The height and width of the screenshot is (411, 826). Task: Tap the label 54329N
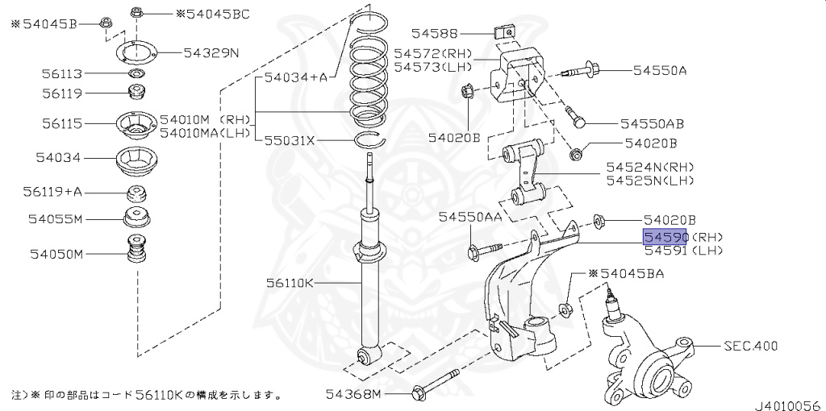click(211, 53)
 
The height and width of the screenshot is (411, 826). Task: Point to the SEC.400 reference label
click(750, 347)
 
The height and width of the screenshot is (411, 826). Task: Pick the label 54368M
click(353, 394)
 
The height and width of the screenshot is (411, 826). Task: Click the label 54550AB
click(652, 124)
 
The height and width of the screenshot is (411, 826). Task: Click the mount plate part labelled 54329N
click(138, 54)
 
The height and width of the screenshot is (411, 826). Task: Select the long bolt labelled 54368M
click(436, 385)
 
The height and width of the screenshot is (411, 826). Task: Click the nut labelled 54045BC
click(136, 14)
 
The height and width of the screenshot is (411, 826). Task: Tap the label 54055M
click(56, 218)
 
